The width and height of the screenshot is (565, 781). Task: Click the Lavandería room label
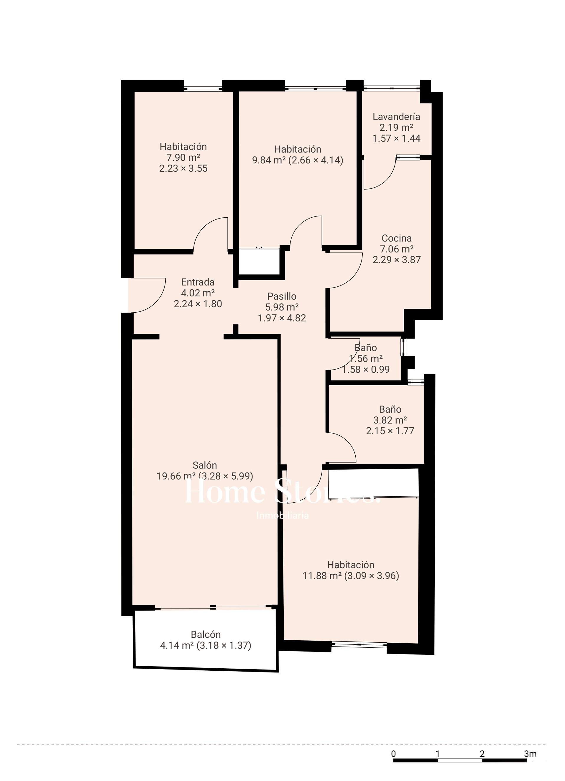396,117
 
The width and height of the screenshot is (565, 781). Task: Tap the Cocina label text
397,238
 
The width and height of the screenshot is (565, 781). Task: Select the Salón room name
205,465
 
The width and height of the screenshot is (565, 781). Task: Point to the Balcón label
206,634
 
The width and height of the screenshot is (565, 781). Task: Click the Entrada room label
198,282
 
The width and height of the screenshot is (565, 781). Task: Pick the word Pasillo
282,296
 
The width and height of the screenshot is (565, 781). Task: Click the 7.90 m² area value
183,158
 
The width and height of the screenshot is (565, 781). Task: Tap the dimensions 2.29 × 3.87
397,260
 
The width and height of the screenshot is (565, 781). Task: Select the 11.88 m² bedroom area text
322,576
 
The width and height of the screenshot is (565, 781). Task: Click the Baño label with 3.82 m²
390,409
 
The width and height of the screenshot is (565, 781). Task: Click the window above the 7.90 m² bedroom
203,88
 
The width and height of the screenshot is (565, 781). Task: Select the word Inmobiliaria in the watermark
282,516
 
